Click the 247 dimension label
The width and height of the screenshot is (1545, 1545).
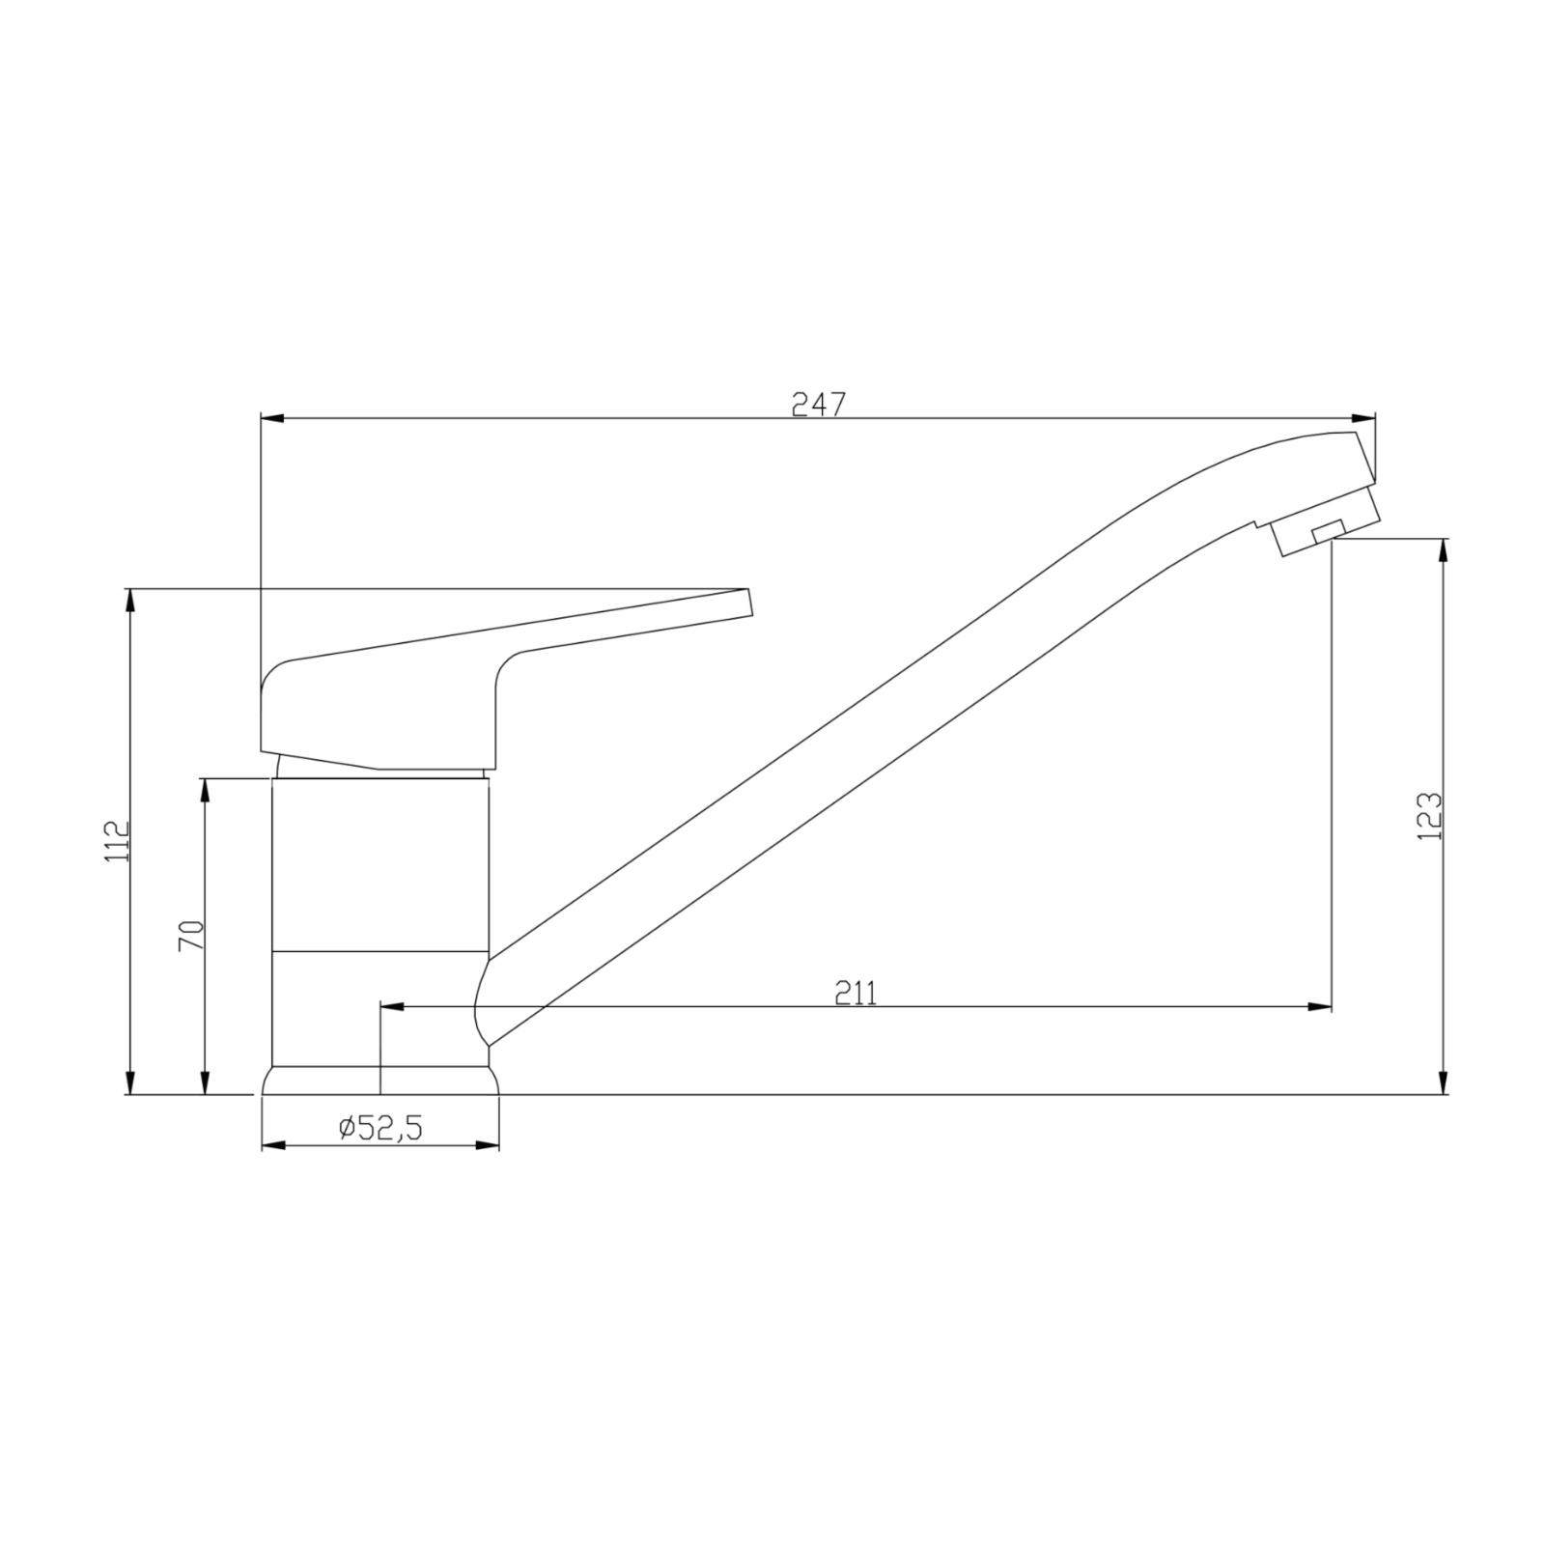click(x=818, y=405)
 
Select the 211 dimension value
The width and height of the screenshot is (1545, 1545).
click(x=856, y=993)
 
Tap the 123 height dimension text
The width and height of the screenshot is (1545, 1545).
click(x=1429, y=816)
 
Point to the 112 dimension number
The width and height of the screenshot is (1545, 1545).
click(x=116, y=841)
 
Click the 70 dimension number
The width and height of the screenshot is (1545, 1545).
click(x=191, y=936)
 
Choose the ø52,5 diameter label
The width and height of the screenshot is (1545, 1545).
click(x=380, y=1127)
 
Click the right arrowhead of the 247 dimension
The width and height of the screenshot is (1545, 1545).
click(x=1363, y=418)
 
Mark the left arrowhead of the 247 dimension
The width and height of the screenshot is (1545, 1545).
click(x=273, y=418)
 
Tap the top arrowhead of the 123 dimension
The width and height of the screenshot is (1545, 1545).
click(x=1444, y=550)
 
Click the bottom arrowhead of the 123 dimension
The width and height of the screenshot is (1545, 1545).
click(x=1444, y=1082)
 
